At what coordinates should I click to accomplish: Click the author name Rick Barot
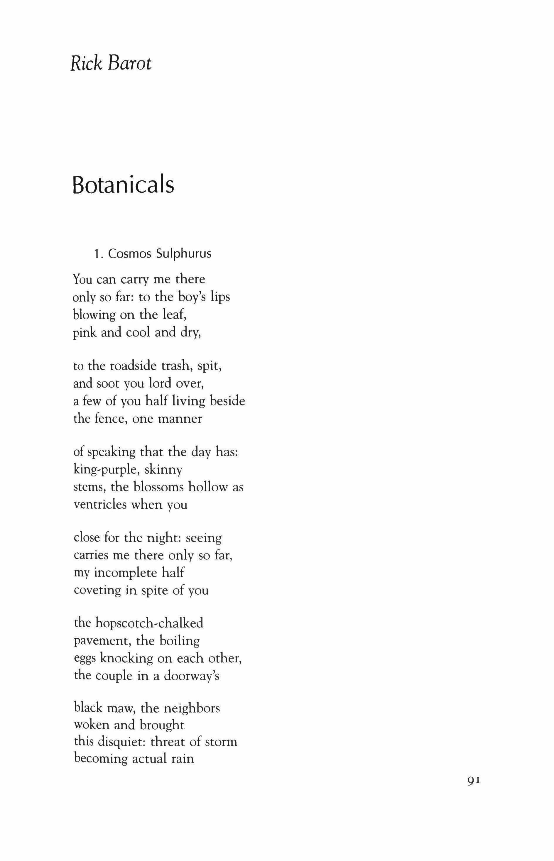coord(111,63)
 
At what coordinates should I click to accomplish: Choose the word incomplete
coord(126,573)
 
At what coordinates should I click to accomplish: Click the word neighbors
coord(191,708)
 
